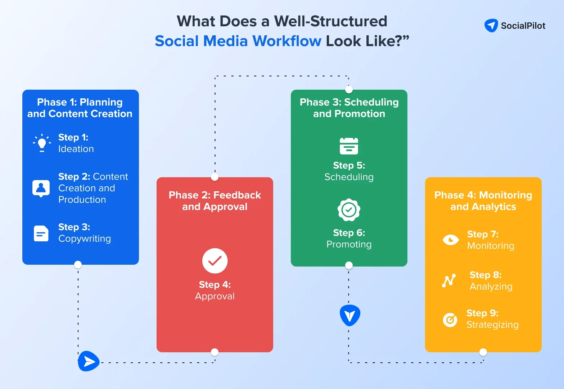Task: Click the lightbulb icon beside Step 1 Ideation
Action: point(42,143)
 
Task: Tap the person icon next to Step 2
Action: point(41,188)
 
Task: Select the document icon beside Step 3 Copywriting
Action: point(41,233)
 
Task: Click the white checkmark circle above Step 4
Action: point(215,261)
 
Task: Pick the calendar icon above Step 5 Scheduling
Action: point(349,146)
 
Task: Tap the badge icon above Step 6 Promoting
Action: point(349,210)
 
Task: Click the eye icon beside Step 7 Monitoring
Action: point(451,240)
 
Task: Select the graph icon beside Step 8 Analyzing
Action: point(449,280)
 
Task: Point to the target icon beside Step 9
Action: point(450,319)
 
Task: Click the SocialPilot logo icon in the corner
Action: point(491,26)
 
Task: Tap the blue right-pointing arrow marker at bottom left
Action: point(88,361)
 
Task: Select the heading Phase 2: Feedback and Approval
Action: point(215,201)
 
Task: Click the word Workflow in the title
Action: point(287,41)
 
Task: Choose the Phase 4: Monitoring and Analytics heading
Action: point(483,201)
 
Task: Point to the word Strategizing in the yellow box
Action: point(492,325)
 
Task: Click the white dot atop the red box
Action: point(215,177)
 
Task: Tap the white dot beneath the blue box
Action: point(78,265)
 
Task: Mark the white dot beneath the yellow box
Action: point(483,352)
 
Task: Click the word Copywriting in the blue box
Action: point(85,239)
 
